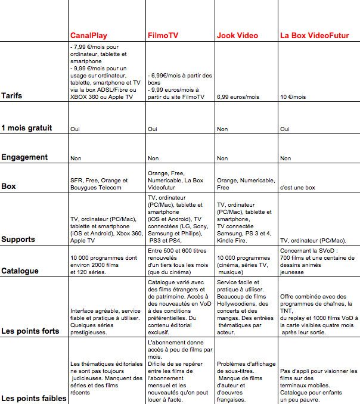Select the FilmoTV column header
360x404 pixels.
coord(162,35)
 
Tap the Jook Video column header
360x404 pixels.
coord(238,35)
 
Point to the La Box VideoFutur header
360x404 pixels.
coord(313,35)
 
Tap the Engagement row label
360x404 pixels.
coord(24,157)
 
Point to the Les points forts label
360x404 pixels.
coord(31,331)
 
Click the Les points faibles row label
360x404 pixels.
coord(33,397)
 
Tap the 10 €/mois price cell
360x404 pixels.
coord(293,96)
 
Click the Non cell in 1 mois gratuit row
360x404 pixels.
coord(222,129)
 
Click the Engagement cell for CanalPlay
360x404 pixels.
coord(76,159)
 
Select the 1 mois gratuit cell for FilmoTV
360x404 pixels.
coord(153,129)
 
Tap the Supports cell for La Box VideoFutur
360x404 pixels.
coord(313,241)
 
